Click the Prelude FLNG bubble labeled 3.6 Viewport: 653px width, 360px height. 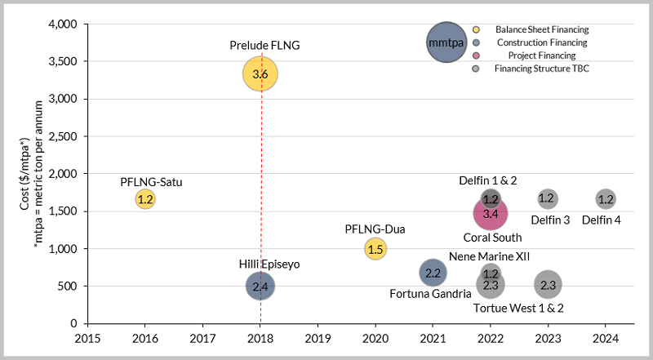point(260,74)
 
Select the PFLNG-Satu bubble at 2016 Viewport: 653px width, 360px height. point(145,198)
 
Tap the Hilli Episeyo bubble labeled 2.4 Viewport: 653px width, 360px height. point(260,286)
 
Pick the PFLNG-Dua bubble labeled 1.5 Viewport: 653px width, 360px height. point(375,249)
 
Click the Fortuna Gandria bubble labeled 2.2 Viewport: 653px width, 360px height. point(433,273)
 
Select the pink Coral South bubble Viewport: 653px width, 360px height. point(491,213)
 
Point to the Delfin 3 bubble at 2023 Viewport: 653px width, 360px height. point(548,198)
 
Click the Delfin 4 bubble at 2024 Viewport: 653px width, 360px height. point(606,198)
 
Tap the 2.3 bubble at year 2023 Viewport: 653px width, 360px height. point(548,285)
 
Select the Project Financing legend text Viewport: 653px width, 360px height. point(542,56)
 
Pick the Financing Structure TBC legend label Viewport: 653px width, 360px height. point(542,69)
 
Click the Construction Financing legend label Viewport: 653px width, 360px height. point(542,42)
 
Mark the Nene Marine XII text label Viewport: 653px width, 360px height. point(490,256)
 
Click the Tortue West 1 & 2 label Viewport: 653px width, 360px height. point(519,308)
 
